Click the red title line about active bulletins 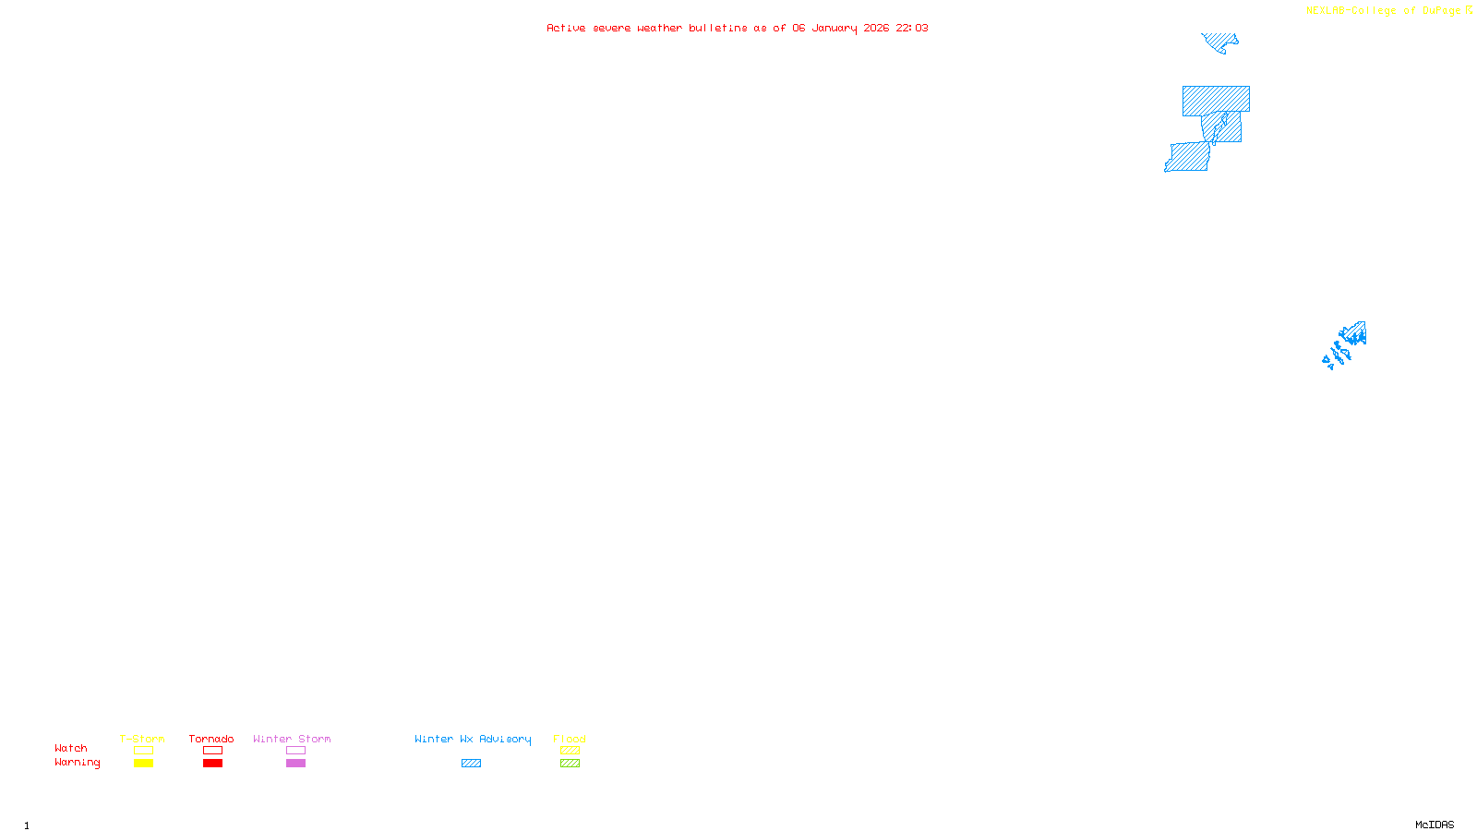point(737,28)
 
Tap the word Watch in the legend point(71,748)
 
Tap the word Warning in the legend point(77,763)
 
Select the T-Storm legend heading point(142,739)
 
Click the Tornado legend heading point(211,739)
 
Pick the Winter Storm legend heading point(292,739)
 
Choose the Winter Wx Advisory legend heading point(473,739)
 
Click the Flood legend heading point(570,739)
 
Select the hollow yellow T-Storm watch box point(143,751)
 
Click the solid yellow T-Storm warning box point(143,764)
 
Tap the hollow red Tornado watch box point(212,751)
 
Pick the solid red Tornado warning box point(212,764)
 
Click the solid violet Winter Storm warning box point(295,764)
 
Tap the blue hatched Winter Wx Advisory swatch point(471,764)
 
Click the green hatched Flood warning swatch point(570,764)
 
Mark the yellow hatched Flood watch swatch point(570,751)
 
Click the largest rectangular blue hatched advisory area point(1216,100)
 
